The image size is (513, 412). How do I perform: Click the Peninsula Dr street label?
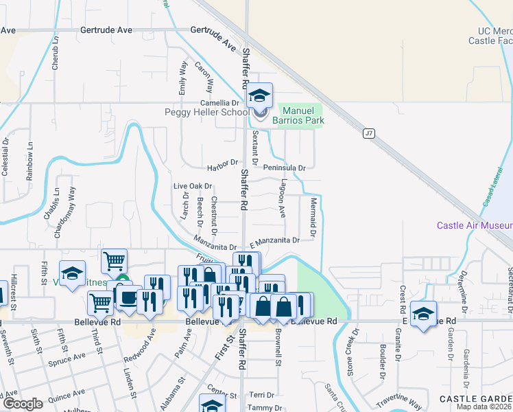pos(283,167)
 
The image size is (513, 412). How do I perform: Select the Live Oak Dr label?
pos(192,186)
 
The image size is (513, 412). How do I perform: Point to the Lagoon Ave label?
pos(282,198)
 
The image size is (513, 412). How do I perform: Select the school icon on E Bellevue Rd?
pos(424,314)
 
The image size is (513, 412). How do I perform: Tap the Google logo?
pos(23,404)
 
